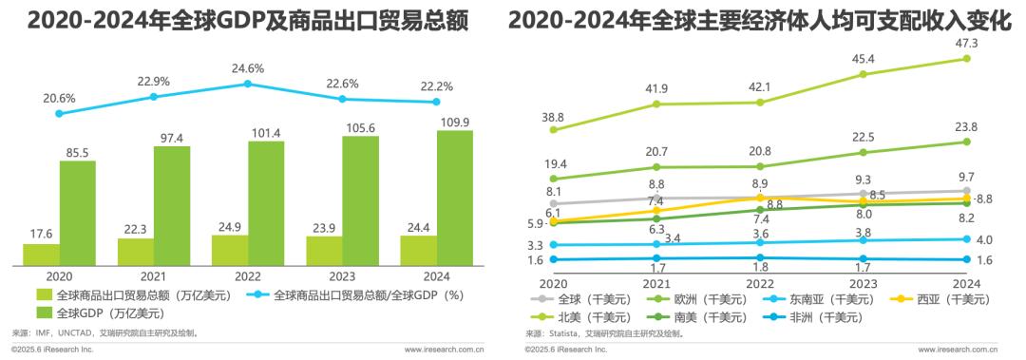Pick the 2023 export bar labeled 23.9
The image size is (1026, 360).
pos(325,250)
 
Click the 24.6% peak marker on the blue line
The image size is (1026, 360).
pos(248,84)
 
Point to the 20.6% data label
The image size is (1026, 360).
pos(59,98)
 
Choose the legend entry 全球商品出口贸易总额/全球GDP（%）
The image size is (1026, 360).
pos(344,295)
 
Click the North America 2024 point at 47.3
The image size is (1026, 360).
pos(966,59)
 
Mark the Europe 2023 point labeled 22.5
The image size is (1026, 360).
pos(863,152)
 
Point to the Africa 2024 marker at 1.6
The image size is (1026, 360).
pos(966,259)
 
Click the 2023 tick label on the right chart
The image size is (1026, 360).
pos(863,282)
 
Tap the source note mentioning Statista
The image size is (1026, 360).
pos(608,334)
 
